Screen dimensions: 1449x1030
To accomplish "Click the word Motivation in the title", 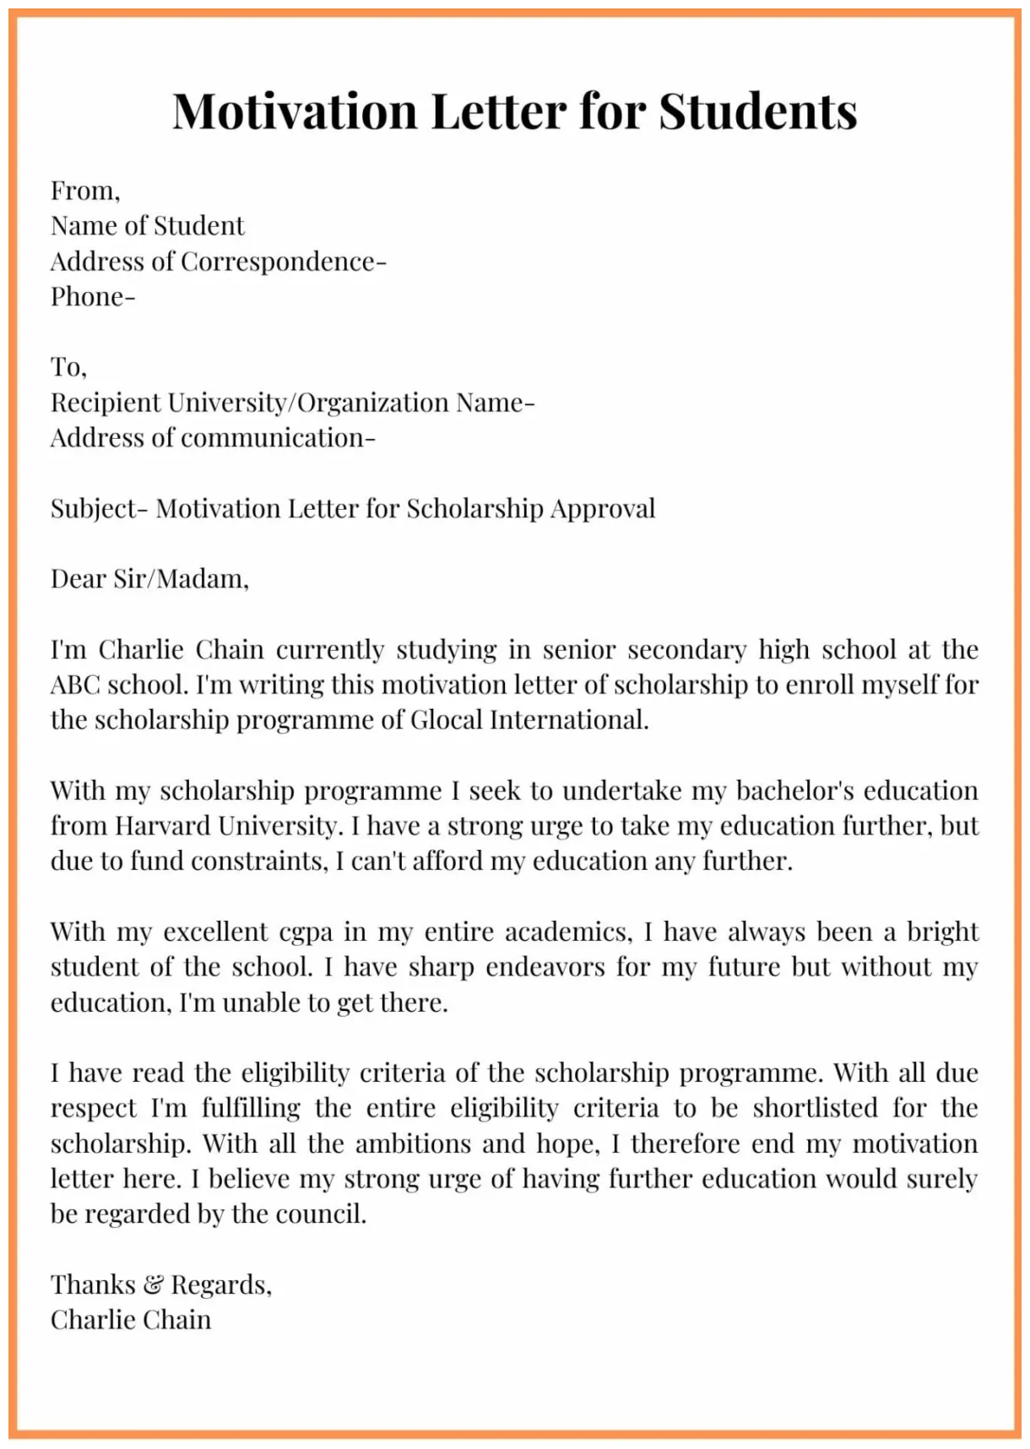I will pos(295,111).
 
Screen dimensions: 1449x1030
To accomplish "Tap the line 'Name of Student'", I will pos(147,226).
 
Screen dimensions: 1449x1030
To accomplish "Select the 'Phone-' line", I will pos(92,297).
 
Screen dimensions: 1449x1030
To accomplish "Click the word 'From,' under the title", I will pos(84,191).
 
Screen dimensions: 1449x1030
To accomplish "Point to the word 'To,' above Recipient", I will pos(68,367).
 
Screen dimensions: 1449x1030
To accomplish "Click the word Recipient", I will pos(106,403).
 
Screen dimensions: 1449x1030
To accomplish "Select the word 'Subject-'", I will pos(99,509).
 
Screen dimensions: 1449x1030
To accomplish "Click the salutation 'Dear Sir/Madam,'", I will pos(149,579).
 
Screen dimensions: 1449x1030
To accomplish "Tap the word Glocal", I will pos(446,720).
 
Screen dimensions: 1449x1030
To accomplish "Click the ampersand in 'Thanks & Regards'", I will pos(153,1285).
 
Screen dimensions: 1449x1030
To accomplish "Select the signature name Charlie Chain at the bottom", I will pos(131,1320).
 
